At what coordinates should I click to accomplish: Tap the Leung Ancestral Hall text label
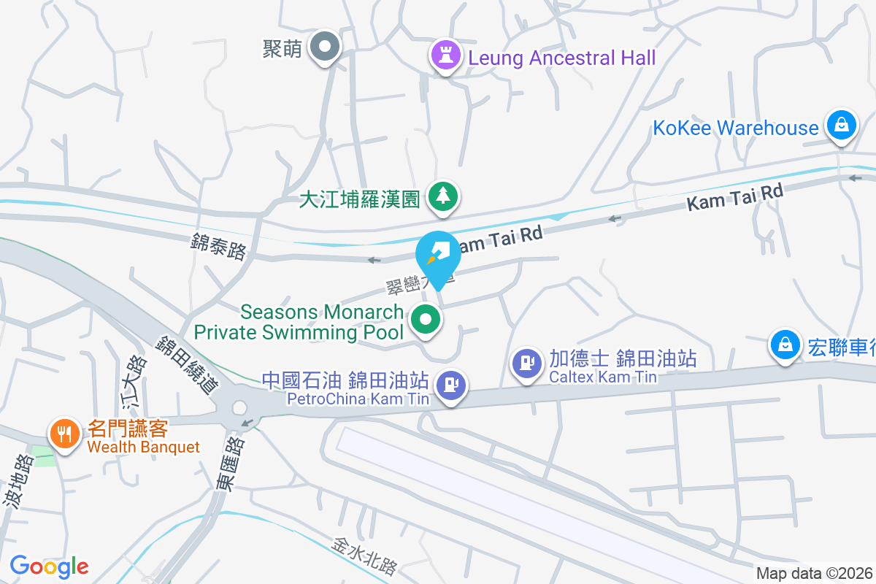tap(562, 58)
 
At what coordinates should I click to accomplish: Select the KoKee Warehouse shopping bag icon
tap(842, 124)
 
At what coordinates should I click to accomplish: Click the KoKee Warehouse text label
tap(736, 128)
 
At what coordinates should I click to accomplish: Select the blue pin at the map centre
tap(438, 255)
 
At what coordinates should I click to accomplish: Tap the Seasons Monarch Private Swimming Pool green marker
tap(426, 320)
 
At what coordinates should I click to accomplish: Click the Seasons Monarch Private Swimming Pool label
tap(299, 322)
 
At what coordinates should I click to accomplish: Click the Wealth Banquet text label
tap(143, 447)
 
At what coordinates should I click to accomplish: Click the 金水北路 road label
tap(365, 556)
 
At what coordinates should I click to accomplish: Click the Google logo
tap(49, 566)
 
